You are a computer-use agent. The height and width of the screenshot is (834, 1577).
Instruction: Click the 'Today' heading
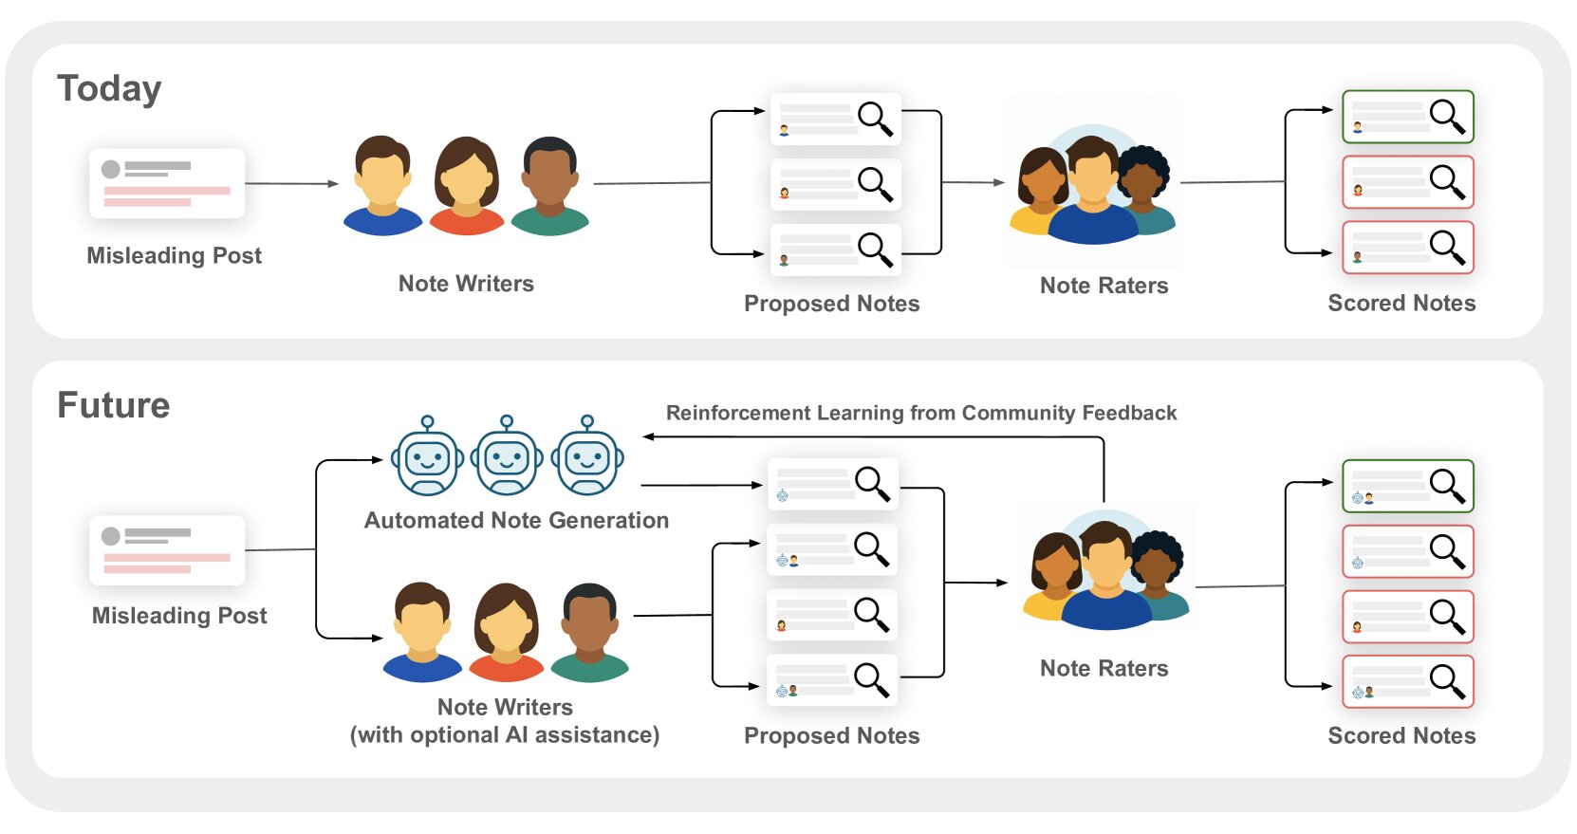click(x=109, y=88)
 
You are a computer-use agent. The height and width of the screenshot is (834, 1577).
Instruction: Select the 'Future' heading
click(x=114, y=405)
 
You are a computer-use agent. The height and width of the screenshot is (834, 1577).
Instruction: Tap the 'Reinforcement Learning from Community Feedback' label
click(x=920, y=413)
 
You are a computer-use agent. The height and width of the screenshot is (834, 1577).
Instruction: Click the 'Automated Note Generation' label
click(x=516, y=520)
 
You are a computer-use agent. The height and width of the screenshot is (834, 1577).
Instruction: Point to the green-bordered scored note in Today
click(x=1407, y=117)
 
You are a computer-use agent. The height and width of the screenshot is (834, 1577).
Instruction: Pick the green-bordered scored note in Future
click(x=1407, y=486)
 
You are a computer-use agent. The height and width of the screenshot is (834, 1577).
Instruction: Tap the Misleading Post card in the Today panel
click(x=167, y=183)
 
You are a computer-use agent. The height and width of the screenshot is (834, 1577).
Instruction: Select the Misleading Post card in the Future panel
click(x=167, y=550)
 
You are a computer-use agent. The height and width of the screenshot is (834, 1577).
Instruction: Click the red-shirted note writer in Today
click(x=466, y=186)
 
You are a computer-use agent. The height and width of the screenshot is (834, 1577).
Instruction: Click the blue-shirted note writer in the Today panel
click(x=382, y=186)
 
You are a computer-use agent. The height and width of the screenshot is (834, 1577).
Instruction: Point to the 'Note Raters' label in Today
click(x=1104, y=286)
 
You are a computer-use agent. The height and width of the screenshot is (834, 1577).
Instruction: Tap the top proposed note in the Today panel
click(x=835, y=119)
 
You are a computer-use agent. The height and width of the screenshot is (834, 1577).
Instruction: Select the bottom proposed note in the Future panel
click(x=832, y=679)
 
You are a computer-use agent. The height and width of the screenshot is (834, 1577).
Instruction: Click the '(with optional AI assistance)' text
click(x=505, y=735)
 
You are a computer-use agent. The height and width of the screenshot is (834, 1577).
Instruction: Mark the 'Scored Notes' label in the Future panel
click(x=1401, y=735)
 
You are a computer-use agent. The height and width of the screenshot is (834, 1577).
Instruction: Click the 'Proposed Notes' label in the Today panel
click(x=831, y=304)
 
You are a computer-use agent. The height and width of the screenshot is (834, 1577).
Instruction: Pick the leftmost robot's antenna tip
click(x=428, y=421)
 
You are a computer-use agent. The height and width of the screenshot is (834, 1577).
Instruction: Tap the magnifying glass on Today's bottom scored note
click(x=1446, y=246)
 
